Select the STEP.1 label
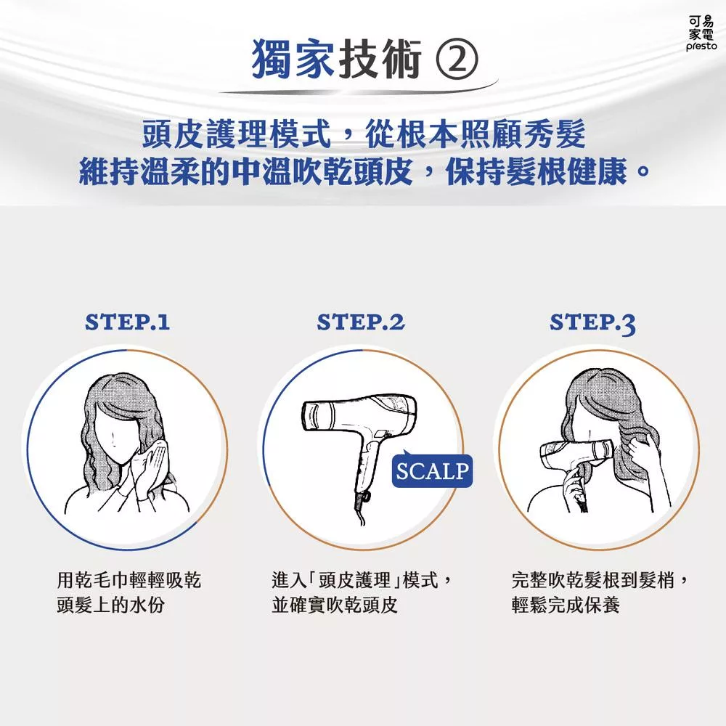[127, 322]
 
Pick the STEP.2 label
[361, 322]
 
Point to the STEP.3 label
[592, 324]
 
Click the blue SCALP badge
[432, 470]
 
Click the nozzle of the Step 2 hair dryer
[317, 415]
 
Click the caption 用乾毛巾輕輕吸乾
[129, 580]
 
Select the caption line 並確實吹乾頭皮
[335, 605]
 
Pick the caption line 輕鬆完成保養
[566, 605]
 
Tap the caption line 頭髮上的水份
[110, 605]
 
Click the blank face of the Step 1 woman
[115, 438]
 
